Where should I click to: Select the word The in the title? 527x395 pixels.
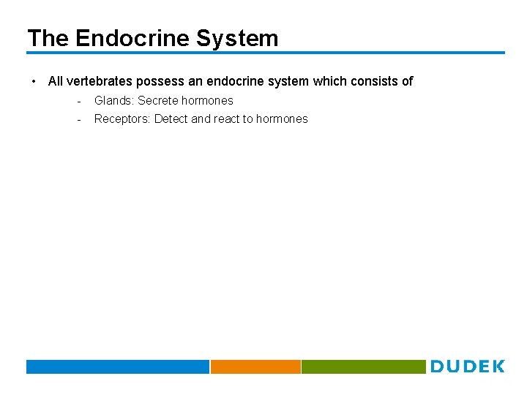click(x=48, y=38)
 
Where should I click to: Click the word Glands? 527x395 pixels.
click(x=113, y=100)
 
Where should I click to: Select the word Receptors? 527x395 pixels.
click(x=122, y=118)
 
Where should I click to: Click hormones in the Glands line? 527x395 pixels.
click(x=207, y=100)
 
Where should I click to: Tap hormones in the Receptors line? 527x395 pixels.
click(x=282, y=118)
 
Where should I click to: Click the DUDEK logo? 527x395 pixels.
click(x=467, y=366)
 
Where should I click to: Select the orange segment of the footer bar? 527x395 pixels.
click(x=255, y=366)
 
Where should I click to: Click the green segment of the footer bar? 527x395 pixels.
click(x=363, y=366)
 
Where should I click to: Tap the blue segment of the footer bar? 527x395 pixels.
click(x=118, y=366)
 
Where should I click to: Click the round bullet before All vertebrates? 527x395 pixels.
click(x=34, y=81)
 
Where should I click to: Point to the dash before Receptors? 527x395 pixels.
click(x=78, y=118)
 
